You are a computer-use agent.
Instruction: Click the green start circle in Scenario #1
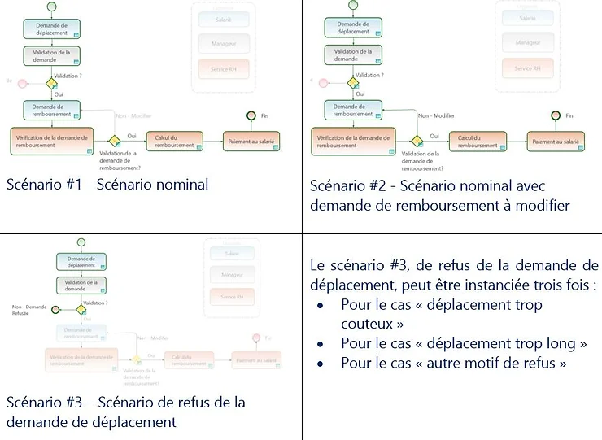pyautogui.click(x=51, y=7)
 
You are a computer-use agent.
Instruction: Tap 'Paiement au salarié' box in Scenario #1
pyautogui.click(x=252, y=141)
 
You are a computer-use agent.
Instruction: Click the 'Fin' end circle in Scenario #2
pyautogui.click(x=556, y=115)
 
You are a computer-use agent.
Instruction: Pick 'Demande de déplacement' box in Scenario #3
pyautogui.click(x=81, y=262)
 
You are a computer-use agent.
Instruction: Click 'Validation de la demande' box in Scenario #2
pyautogui.click(x=353, y=54)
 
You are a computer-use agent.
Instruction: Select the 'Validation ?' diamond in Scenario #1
pyautogui.click(x=51, y=83)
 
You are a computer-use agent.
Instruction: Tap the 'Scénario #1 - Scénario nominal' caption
pyautogui.click(x=107, y=185)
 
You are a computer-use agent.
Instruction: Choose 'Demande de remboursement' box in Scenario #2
pyautogui.click(x=353, y=110)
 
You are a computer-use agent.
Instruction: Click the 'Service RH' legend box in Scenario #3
pyautogui.click(x=232, y=298)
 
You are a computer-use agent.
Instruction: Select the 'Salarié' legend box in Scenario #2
pyautogui.click(x=527, y=17)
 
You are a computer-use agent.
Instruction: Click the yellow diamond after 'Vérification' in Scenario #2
pyautogui.click(x=417, y=141)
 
